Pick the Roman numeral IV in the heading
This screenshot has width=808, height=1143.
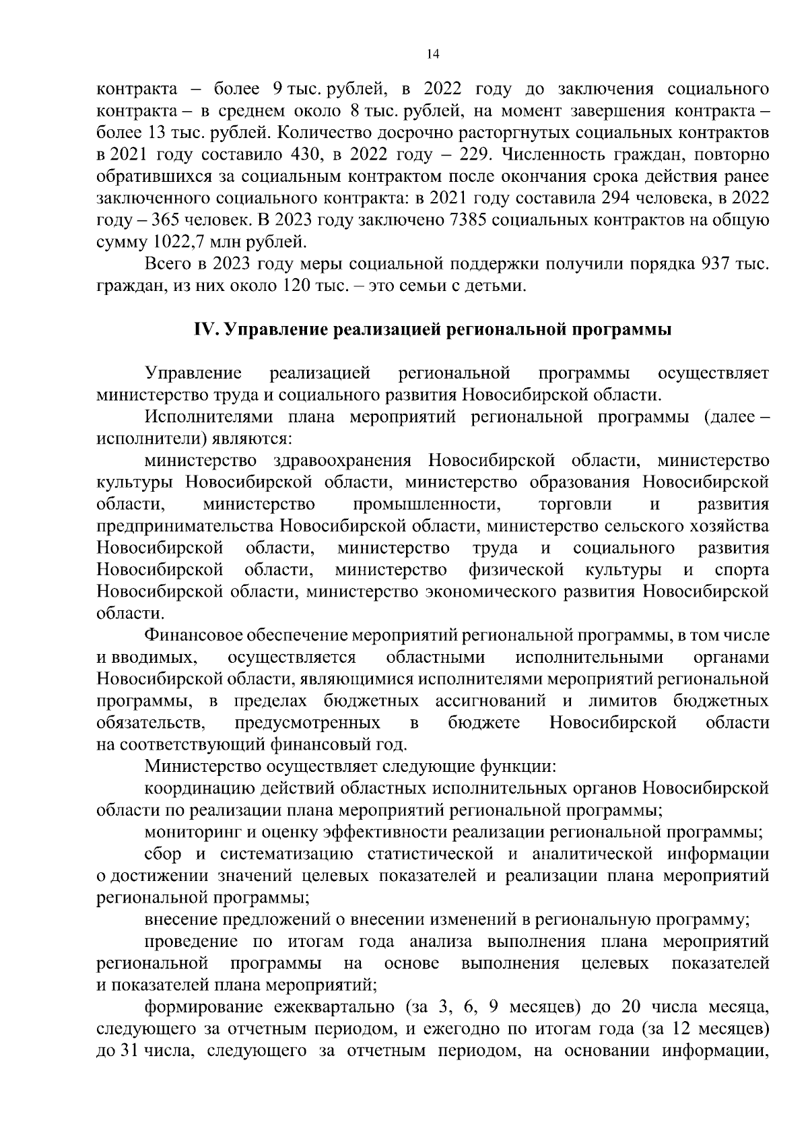(204, 330)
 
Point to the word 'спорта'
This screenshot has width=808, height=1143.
(742, 570)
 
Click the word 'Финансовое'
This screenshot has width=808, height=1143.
(192, 635)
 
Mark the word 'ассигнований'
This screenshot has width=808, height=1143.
(490, 701)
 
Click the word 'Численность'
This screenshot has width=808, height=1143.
(562, 155)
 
